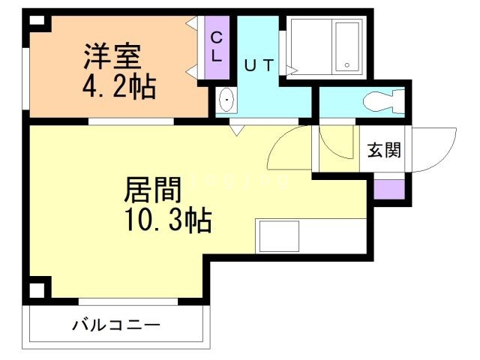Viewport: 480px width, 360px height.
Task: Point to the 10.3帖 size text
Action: [x=167, y=220]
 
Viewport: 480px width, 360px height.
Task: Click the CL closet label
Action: [x=216, y=47]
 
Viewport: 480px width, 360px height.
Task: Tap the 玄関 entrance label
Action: [x=383, y=149]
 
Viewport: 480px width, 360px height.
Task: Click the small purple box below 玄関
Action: [x=389, y=188]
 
